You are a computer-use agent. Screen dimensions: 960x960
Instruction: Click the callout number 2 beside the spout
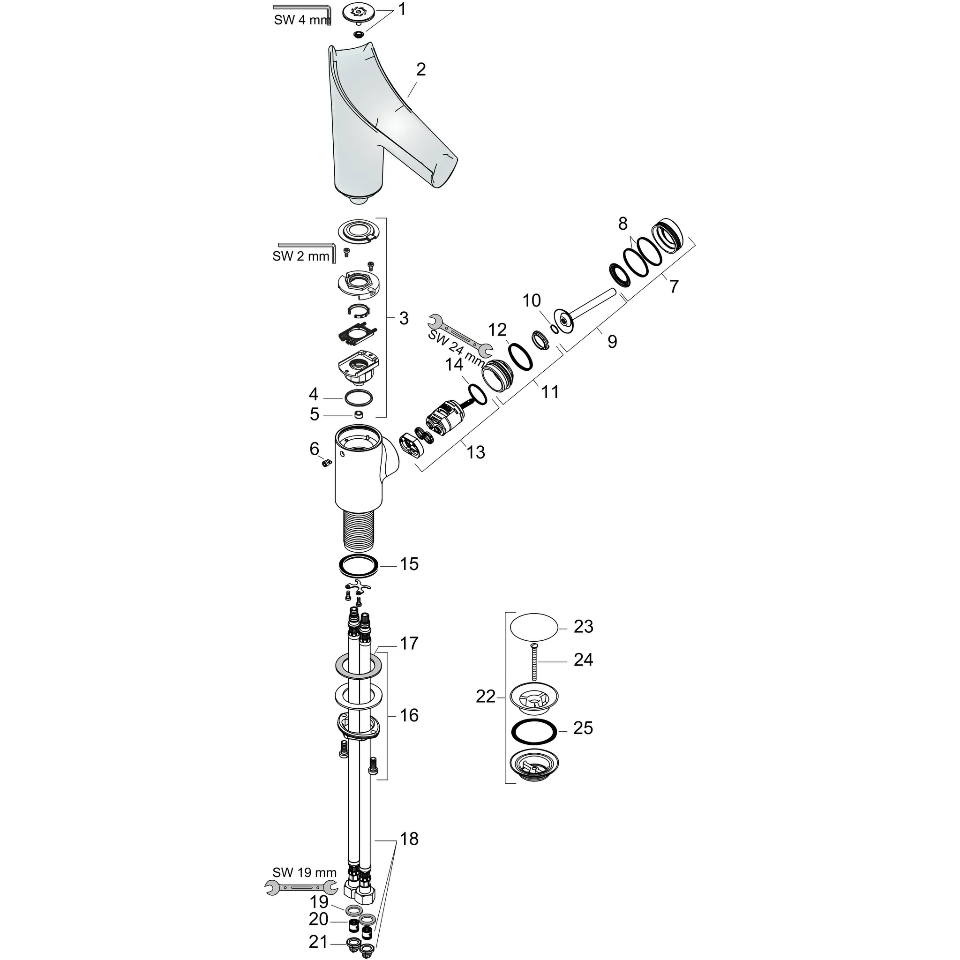(x=420, y=69)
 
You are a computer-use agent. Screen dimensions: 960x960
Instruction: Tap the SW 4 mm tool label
(x=301, y=20)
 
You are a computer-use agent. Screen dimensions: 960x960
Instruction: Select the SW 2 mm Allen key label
(x=300, y=256)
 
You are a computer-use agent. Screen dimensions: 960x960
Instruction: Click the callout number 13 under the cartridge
(x=475, y=452)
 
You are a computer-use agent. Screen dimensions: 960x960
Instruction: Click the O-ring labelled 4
(x=358, y=398)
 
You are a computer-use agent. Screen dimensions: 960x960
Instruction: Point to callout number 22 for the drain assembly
(x=486, y=697)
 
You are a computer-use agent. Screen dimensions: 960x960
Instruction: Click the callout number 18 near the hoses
(x=409, y=839)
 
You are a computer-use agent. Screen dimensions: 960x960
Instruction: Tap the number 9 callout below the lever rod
(x=612, y=341)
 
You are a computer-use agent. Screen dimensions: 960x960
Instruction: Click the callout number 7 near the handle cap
(x=674, y=286)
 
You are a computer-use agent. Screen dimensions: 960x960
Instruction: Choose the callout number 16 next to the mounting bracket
(x=409, y=715)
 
